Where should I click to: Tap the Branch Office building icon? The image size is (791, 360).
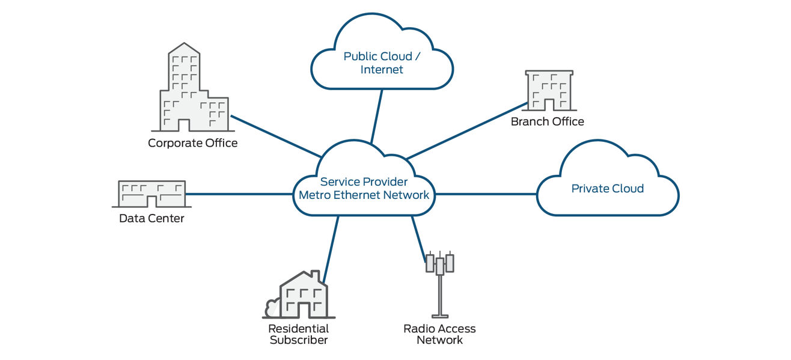pyautogui.click(x=548, y=91)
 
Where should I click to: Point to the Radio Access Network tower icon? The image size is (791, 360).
pyautogui.click(x=440, y=282)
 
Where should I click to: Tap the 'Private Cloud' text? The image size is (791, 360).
pyautogui.click(x=607, y=189)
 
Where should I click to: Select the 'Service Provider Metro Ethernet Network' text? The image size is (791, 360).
pyautogui.click(x=364, y=188)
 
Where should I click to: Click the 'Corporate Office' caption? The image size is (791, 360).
pyautogui.click(x=192, y=143)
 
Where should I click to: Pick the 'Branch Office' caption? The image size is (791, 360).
pyautogui.click(x=547, y=121)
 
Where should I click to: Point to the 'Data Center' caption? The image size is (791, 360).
pyautogui.click(x=151, y=218)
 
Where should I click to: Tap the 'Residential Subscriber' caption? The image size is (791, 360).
pyautogui.click(x=299, y=335)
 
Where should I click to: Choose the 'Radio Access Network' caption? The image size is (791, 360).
pyautogui.click(x=439, y=335)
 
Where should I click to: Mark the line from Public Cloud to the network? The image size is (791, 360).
pyautogui.click(x=377, y=117)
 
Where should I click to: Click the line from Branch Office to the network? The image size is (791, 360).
pyautogui.click(x=466, y=131)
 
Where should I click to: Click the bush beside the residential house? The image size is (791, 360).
pyautogui.click(x=271, y=308)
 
